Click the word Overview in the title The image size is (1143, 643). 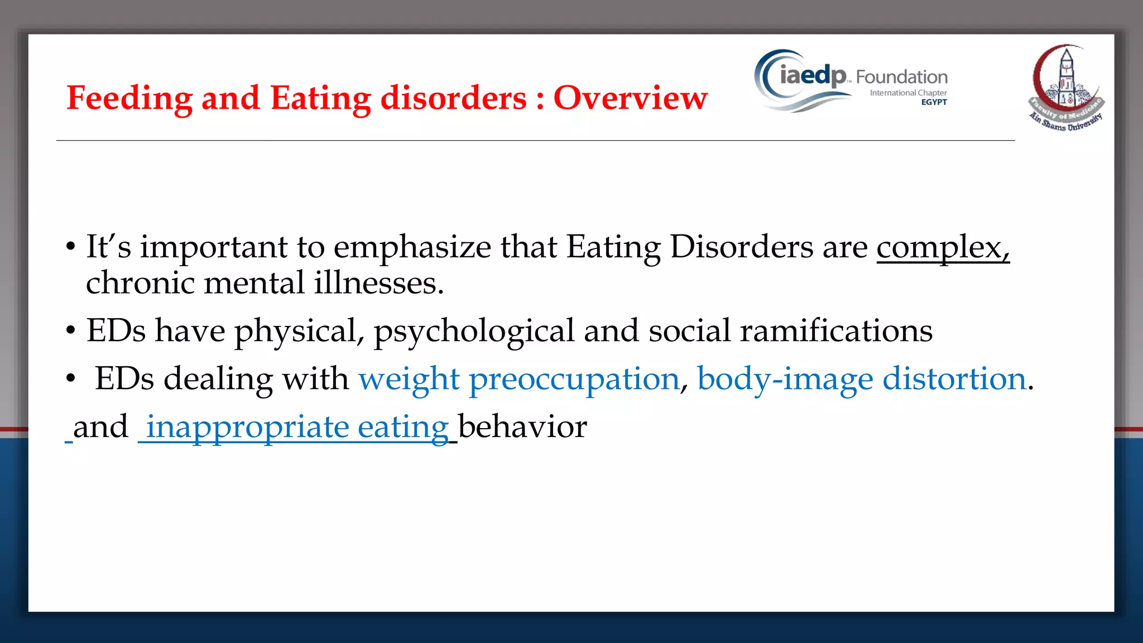630,98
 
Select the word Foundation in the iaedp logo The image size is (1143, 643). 901,77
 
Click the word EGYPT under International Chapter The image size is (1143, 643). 934,102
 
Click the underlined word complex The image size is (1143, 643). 942,247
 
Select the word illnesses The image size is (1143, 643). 378,283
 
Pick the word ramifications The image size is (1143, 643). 836,331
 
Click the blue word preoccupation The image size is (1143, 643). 574,380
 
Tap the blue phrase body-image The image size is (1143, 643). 785,380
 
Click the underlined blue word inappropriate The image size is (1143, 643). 247,428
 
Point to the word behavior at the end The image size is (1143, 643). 522,428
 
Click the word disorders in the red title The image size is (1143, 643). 453,98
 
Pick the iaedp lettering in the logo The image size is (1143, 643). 813,75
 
